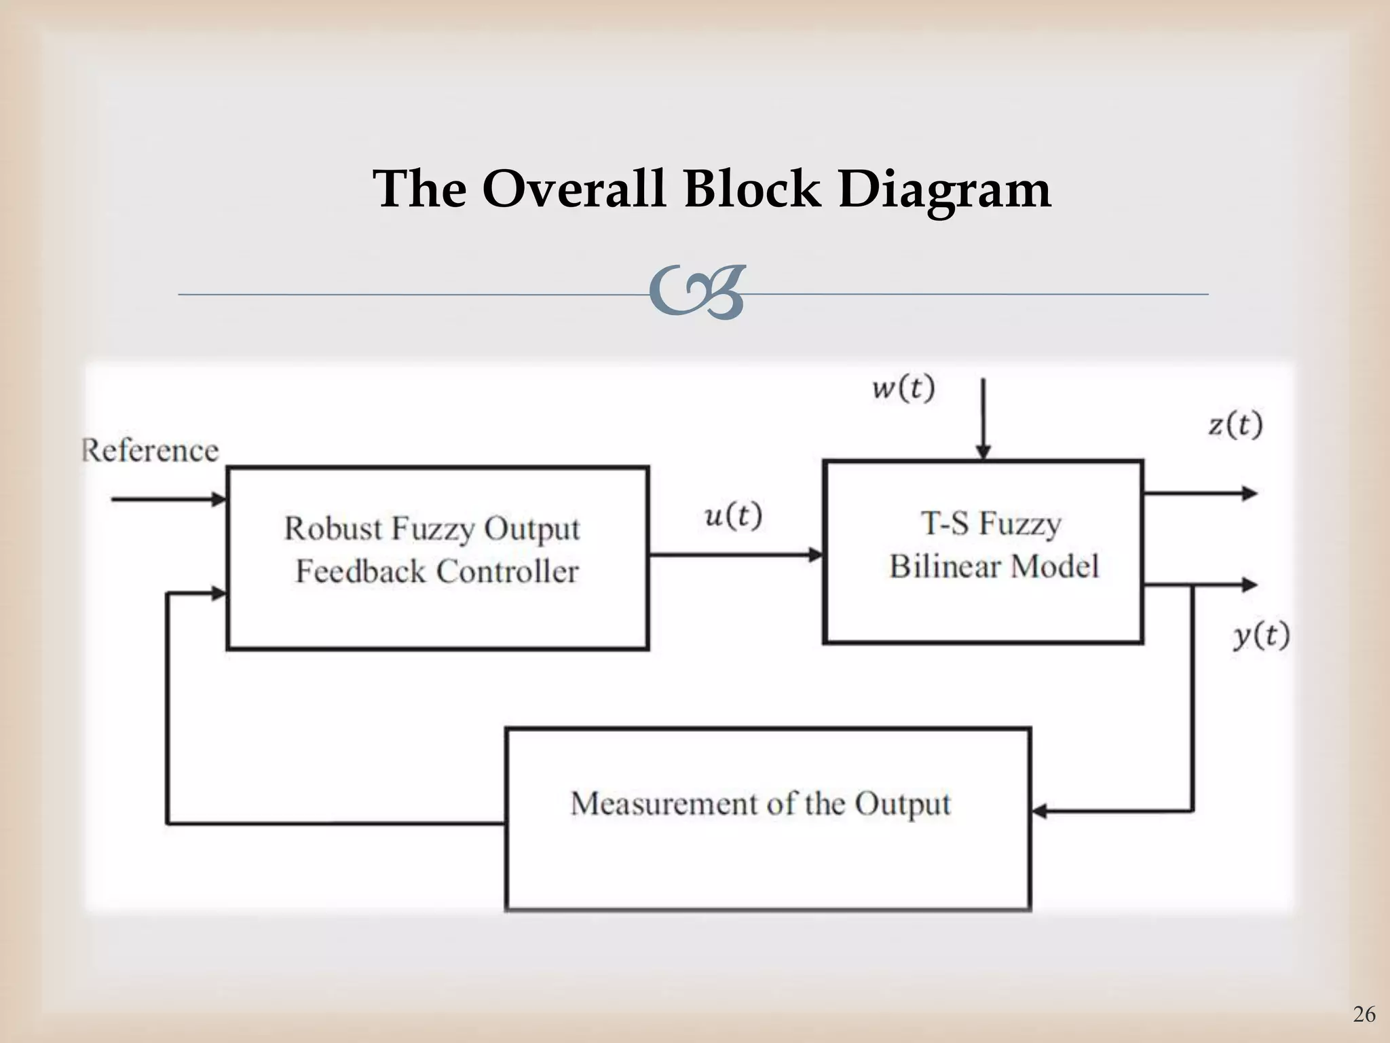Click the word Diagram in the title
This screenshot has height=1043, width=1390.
944,190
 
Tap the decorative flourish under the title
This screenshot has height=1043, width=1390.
696,293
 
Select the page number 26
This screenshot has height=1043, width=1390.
1364,1014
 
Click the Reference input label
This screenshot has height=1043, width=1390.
151,450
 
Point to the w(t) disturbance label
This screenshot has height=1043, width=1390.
903,389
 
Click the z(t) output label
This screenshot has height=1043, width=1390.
1235,425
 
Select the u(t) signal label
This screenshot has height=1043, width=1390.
734,517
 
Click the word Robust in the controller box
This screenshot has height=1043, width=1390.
333,528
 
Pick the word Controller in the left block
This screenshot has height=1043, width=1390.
507,571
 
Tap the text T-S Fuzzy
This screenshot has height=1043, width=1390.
990,524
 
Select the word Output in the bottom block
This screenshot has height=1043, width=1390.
902,804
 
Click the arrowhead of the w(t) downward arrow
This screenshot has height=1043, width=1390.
983,452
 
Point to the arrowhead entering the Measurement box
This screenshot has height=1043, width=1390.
1039,810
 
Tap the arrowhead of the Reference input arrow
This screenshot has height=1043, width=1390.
219,500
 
